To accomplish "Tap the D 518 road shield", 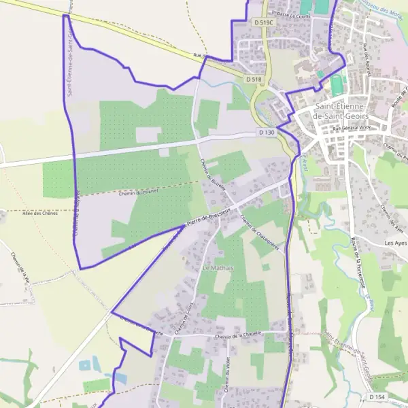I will (253, 80).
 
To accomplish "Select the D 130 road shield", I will (267, 132).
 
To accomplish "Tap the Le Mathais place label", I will (218, 269).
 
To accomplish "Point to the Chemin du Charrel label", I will (139, 192).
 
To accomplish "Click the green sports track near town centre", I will (337, 85).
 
